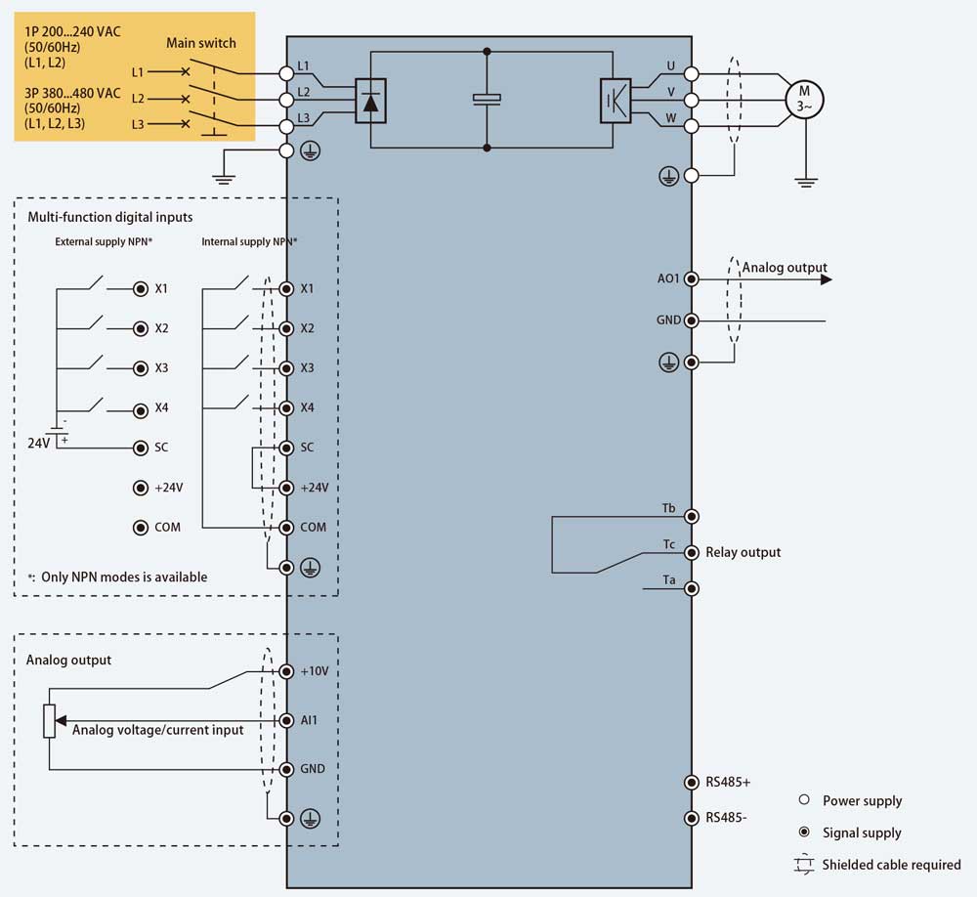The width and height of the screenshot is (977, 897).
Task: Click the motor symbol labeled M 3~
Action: tap(804, 99)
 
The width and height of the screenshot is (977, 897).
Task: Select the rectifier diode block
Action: tap(369, 100)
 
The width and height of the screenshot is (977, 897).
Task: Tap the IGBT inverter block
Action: tap(615, 100)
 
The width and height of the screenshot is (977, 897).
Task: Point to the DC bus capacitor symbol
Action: tap(487, 98)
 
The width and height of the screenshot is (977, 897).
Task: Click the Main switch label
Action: tap(200, 43)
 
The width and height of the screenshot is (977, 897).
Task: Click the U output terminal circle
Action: tap(692, 73)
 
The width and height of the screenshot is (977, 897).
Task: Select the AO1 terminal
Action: tap(692, 278)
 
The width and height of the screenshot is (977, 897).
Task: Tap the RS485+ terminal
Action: tap(692, 782)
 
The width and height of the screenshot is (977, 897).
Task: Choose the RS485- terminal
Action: tap(692, 817)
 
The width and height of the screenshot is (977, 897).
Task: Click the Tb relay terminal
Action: tap(692, 516)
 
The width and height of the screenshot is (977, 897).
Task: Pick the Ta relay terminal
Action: tap(692, 588)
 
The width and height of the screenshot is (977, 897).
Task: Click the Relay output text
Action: tap(743, 552)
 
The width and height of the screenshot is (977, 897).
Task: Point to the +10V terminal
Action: tap(286, 671)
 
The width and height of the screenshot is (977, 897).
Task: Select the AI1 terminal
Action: tap(286, 720)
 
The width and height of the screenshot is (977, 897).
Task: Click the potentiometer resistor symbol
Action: tap(50, 721)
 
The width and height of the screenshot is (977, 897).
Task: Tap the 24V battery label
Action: tap(38, 443)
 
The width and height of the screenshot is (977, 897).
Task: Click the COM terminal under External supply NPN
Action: tap(141, 528)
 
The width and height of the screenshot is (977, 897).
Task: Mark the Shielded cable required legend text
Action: tap(891, 865)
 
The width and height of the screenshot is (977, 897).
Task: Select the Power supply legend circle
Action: tap(804, 799)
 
